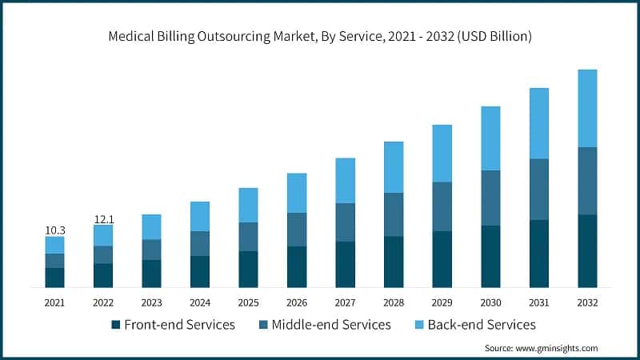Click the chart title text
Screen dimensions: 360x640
coord(320,37)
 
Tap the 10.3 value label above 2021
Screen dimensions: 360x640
coord(54,230)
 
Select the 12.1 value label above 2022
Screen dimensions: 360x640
coord(103,218)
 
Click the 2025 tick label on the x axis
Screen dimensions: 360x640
coord(248,302)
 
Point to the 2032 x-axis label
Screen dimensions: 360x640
coord(587,302)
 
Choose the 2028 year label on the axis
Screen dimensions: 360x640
coord(394,302)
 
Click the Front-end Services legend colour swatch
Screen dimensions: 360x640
coord(116,325)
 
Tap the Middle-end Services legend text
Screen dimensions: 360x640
coord(331,325)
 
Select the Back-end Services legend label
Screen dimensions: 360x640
coord(482,325)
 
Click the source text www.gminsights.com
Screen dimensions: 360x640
coord(541,348)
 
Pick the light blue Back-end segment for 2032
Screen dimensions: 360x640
coord(587,108)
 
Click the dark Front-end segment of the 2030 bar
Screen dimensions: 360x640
coord(490,256)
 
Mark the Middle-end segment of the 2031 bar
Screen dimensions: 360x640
coord(539,189)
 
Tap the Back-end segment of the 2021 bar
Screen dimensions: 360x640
coord(54,245)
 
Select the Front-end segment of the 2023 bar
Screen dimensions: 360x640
coord(151,273)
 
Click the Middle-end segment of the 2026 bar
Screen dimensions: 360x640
coord(297,230)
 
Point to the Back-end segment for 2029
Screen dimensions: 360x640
coord(442,154)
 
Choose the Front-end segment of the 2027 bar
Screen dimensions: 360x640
coord(345,264)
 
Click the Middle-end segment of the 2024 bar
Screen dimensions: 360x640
coord(200,243)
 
